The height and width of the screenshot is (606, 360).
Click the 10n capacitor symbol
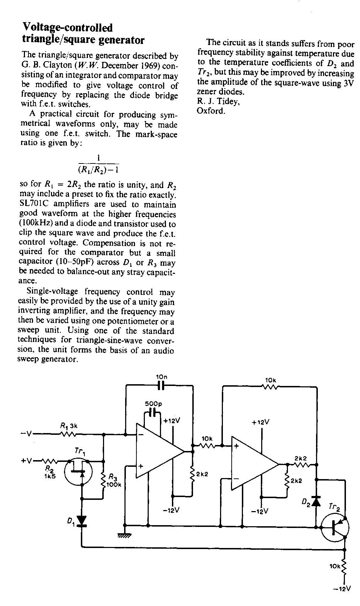[x=161, y=385]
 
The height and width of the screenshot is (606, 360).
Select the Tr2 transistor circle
[x=335, y=527]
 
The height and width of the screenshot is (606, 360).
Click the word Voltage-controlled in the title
[x=67, y=27]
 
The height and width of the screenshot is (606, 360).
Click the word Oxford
[x=211, y=111]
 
